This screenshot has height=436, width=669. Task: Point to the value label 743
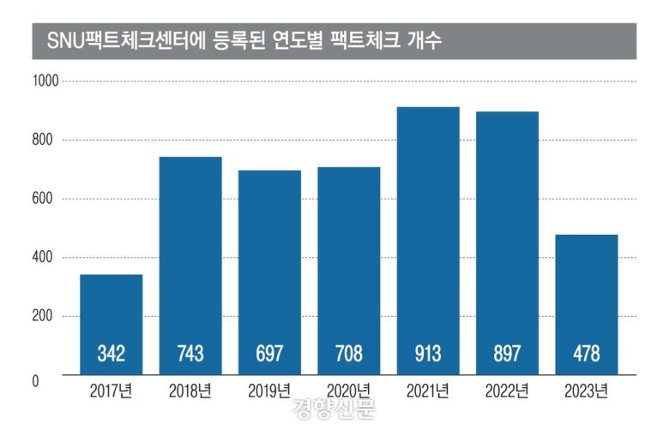190,353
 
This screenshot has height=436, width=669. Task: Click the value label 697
269,353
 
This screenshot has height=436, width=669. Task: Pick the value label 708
349,353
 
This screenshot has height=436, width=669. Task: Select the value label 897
508,353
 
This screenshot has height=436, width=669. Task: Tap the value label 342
111,353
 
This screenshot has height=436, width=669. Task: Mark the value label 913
428,353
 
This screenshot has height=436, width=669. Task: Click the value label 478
587,353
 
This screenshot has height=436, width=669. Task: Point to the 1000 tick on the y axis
45,81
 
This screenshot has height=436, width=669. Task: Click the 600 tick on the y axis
45,199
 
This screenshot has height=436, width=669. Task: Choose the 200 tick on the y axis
45,316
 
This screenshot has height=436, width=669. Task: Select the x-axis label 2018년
190,393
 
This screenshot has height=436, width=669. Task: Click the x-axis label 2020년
349,393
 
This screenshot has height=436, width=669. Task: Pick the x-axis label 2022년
508,393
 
